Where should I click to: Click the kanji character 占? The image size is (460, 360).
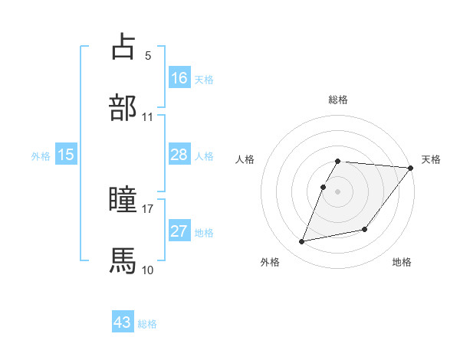[x=123, y=47]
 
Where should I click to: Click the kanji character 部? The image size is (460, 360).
[x=123, y=108]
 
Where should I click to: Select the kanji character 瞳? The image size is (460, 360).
[x=123, y=200]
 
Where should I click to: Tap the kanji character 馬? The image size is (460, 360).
[x=123, y=260]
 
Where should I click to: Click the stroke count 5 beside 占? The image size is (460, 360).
[x=147, y=56]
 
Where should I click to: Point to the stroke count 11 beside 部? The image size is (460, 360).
[x=148, y=117]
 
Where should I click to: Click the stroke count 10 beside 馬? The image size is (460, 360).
[x=148, y=270]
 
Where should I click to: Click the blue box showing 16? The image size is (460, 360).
[x=179, y=78]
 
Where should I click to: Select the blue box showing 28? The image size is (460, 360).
[x=179, y=155]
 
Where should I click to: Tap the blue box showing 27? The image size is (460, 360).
[x=179, y=231]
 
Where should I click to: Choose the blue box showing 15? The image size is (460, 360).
[x=66, y=155]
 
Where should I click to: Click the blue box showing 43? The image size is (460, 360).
[x=123, y=323]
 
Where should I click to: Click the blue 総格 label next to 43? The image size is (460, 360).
[x=148, y=324]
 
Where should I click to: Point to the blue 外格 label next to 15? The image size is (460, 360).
[x=41, y=155]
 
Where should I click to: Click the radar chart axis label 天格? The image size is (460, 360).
[x=431, y=159]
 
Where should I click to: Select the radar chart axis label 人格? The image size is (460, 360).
[x=246, y=159]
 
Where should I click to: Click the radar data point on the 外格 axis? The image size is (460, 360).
[x=302, y=242]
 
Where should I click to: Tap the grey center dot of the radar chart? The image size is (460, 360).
[x=337, y=191]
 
